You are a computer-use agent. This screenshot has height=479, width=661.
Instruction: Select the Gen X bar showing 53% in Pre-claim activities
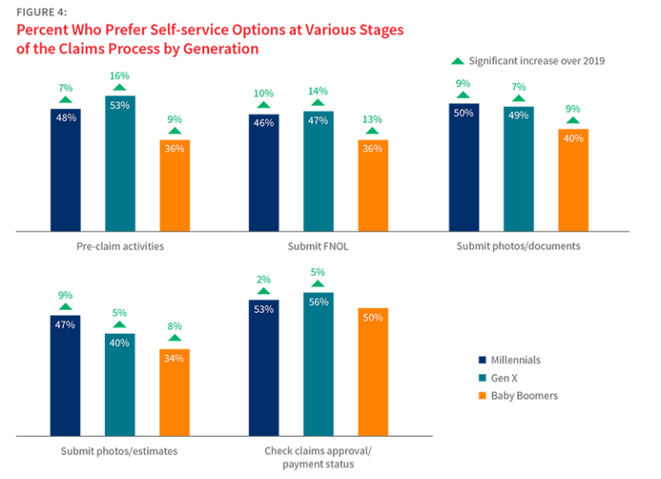[x=120, y=163]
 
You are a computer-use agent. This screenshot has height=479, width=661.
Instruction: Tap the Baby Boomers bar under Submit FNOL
[x=374, y=185]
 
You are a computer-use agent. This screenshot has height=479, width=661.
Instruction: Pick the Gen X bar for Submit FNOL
[x=318, y=171]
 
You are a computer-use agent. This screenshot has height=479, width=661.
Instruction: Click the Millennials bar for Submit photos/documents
[x=462, y=168]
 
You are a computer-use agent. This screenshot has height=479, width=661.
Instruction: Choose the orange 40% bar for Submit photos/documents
[x=572, y=179]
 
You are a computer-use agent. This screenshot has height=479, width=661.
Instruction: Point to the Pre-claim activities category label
[x=120, y=246]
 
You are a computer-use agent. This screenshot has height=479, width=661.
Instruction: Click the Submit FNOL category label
[x=318, y=246]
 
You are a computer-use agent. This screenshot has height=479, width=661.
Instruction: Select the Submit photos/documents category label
[x=517, y=246]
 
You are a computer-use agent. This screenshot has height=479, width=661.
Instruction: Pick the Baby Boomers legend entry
[x=522, y=396]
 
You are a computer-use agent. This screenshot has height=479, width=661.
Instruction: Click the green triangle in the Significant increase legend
[x=458, y=62]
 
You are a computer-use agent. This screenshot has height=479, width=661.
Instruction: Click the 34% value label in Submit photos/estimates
[x=174, y=359]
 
